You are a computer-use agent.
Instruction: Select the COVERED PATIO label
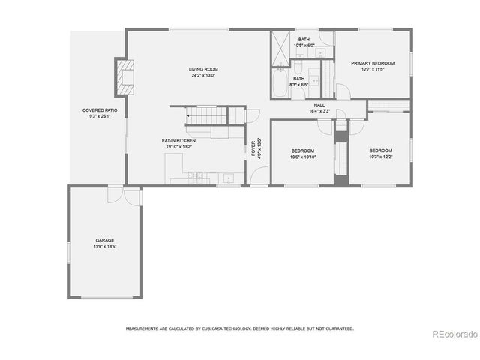coord(100,110)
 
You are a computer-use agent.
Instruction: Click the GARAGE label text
coord(104,240)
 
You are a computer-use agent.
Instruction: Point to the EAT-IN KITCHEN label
coord(179,141)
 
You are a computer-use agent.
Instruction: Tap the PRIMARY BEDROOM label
coord(373,63)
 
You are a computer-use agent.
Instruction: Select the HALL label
coord(319,105)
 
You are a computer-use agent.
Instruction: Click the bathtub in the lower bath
coord(279,83)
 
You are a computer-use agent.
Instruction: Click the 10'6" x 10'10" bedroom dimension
coord(303,157)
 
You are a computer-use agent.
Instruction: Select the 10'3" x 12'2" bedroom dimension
coord(381,157)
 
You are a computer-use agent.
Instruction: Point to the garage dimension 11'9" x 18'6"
coord(104,246)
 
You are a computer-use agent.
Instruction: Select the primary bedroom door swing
coord(342,91)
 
